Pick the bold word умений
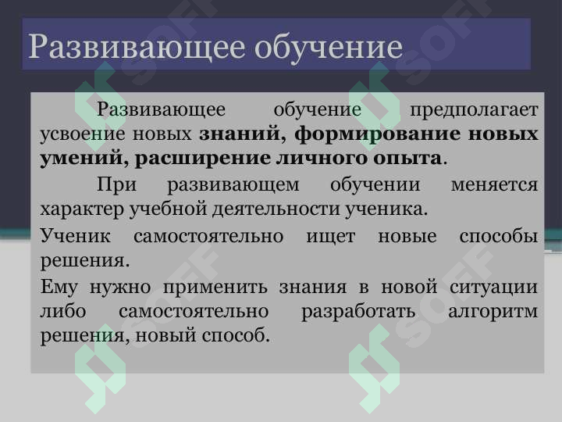pos(80,158)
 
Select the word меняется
pos(495,186)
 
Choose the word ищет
pos(332,235)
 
